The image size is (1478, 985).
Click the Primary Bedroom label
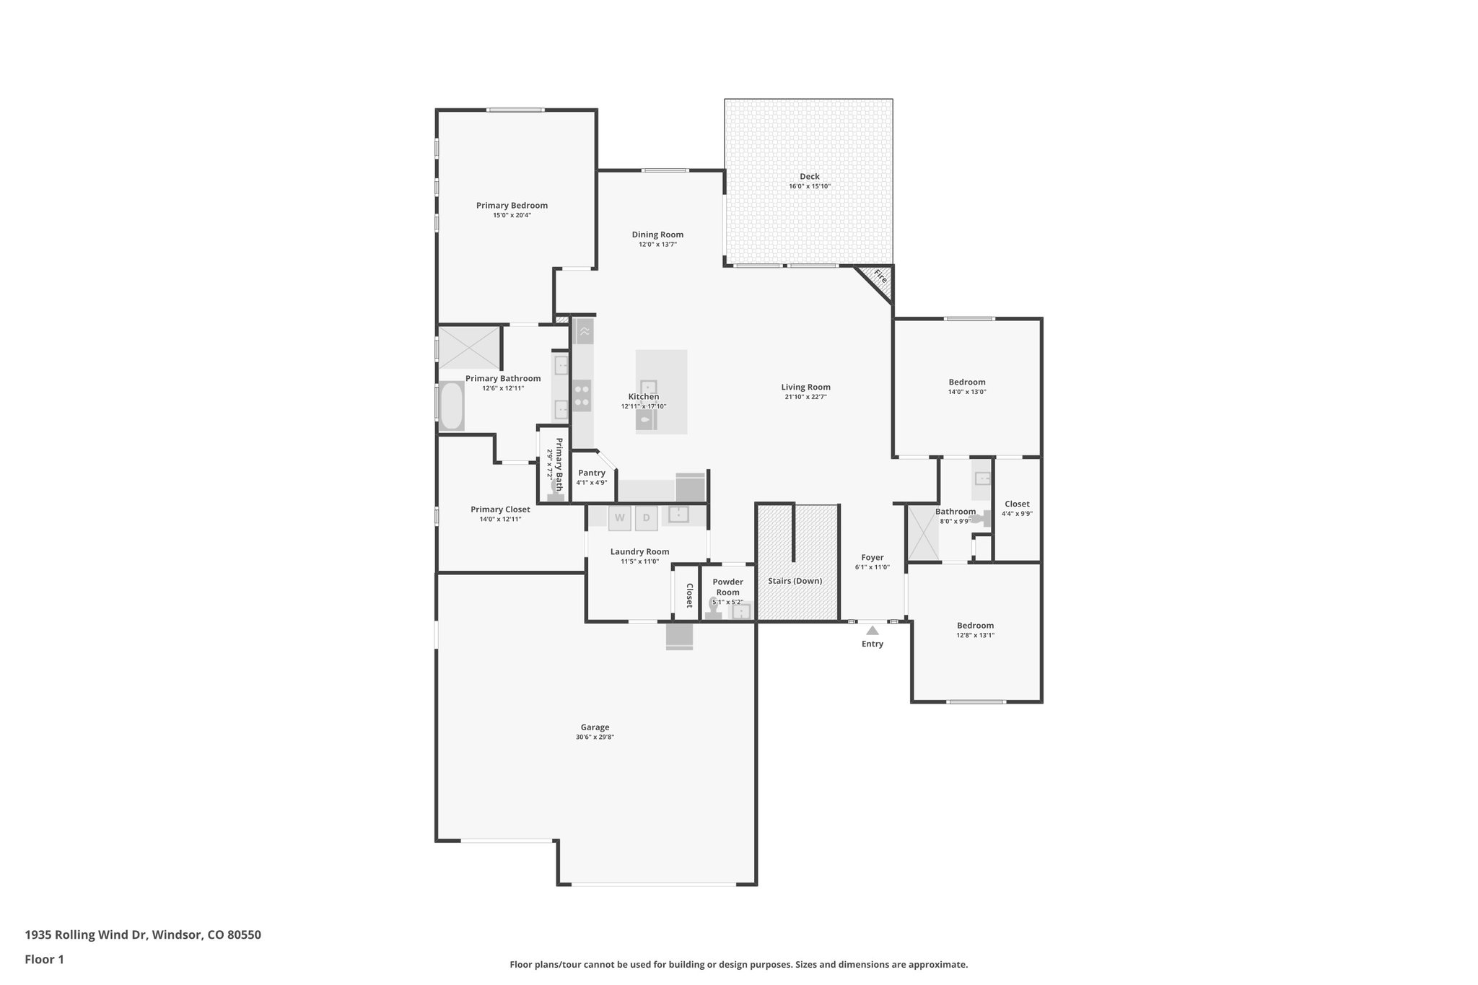(512, 206)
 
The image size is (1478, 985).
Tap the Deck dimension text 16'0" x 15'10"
(810, 187)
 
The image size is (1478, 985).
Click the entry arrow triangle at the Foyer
(873, 630)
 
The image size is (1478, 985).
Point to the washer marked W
(620, 517)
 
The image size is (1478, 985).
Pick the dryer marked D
(647, 517)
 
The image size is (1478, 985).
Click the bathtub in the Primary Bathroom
(451, 406)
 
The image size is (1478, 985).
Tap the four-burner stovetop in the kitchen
(582, 395)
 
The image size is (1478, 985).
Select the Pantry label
(592, 473)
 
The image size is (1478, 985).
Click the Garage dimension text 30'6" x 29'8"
(595, 737)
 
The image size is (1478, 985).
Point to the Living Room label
(805, 387)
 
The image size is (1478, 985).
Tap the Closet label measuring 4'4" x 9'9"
(1017, 504)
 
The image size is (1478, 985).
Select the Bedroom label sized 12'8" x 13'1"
(975, 626)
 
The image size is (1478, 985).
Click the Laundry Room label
(639, 552)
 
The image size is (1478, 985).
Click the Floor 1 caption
(44, 959)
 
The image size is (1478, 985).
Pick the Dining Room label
(657, 235)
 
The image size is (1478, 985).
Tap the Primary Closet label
(500, 509)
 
